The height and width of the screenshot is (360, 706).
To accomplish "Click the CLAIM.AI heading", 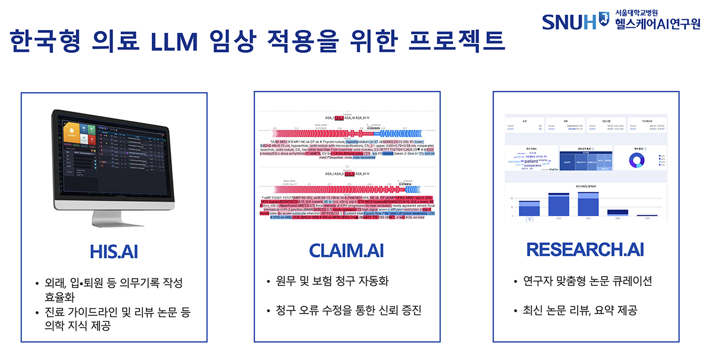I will coord(347,249).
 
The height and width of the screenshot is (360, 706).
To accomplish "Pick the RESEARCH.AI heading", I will coord(585,249).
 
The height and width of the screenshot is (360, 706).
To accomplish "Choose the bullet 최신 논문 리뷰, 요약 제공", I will coord(578,310).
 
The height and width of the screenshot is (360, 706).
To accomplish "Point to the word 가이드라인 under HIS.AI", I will coord(100,311).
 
